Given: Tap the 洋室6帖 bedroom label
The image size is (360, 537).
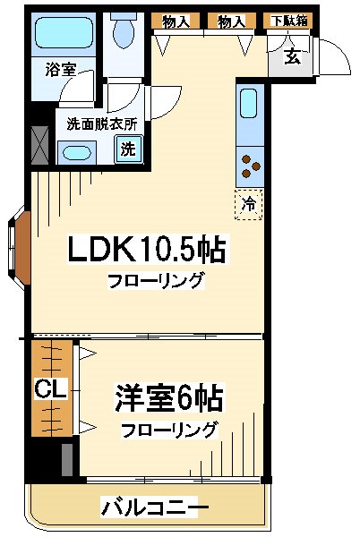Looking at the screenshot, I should pos(168,396).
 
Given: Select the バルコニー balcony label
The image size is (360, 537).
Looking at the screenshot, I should pos(149,507).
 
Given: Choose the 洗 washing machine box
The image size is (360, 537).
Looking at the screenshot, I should pos(128,149).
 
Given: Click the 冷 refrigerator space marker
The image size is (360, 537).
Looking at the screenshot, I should pos(249,204).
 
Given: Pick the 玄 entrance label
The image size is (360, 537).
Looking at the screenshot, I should pos(292,58).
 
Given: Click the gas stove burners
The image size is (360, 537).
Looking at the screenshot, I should pos(250,165).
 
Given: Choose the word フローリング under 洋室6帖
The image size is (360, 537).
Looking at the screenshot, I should pos(169,429).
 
